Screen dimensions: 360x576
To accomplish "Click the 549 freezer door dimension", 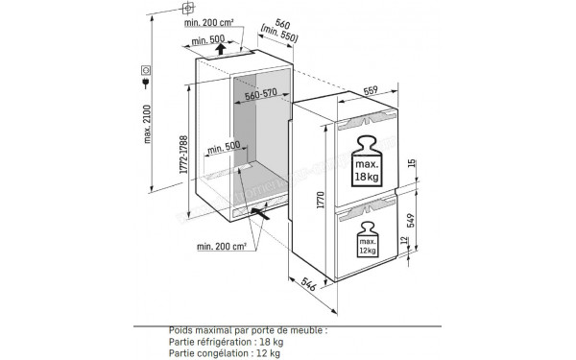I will point(410,223).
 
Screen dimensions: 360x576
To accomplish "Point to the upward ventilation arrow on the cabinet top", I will point(222,48).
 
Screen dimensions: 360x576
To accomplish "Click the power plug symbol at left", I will point(145,70).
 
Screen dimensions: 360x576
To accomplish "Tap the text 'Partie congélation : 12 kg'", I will point(220,350).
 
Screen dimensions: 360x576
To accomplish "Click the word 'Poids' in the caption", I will point(183,328).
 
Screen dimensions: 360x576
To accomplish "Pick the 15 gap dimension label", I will point(410,163).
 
